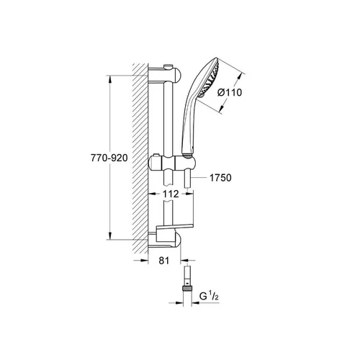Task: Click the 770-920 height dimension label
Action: pyautogui.click(x=109, y=158)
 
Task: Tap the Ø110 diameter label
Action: pyautogui.click(x=230, y=92)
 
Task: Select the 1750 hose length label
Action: pyautogui.click(x=220, y=178)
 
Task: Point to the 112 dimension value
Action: pyautogui.click(x=171, y=194)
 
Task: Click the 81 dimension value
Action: pyautogui.click(x=164, y=261)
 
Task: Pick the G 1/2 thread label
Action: pyautogui.click(x=209, y=297)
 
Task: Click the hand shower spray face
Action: pyautogui.click(x=210, y=77)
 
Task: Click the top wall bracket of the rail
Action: pyautogui.click(x=165, y=74)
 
